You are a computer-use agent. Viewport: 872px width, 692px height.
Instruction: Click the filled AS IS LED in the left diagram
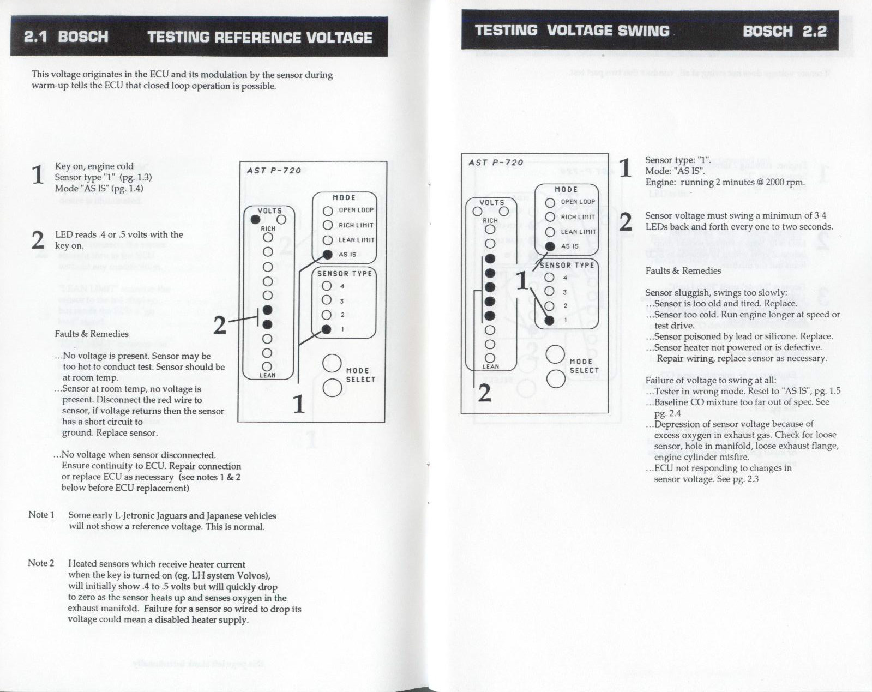coord(327,255)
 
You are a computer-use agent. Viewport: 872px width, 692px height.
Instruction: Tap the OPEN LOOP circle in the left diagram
coord(327,211)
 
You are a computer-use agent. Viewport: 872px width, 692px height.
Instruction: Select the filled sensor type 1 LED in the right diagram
coord(550,321)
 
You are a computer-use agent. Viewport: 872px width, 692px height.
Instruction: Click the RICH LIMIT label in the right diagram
coord(578,217)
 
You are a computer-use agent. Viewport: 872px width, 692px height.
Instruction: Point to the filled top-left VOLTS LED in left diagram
coord(255,220)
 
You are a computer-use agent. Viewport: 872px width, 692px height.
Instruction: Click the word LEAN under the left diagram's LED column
coord(267,376)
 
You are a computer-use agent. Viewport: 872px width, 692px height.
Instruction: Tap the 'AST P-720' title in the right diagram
coord(496,163)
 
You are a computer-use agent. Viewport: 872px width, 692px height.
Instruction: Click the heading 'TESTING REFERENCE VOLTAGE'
coord(260,38)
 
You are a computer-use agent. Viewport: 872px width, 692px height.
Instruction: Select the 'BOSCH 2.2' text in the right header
coord(785,31)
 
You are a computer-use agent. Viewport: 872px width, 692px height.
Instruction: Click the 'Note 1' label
coord(41,515)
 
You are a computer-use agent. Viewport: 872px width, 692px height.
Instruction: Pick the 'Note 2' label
coord(41,563)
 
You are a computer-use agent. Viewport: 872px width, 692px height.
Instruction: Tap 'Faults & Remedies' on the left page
coord(92,334)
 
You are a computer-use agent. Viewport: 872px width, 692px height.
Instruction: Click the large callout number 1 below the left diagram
coord(299,404)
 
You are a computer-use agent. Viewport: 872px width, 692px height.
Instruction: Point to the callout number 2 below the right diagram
coord(485,393)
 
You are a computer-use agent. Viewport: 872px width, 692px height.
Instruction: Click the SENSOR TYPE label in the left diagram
coord(345,274)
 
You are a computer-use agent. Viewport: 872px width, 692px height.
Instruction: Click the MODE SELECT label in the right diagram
coord(584,366)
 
